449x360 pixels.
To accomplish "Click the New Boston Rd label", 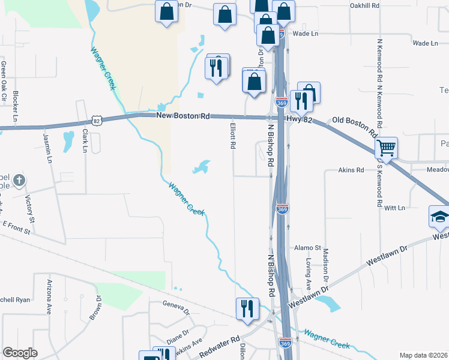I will pyautogui.click(x=182, y=115).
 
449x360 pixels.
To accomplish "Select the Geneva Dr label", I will pyautogui.click(x=176, y=308).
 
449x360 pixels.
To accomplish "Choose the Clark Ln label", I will pyautogui.click(x=85, y=140).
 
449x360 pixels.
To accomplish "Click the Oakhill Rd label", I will pyautogui.click(x=364, y=5).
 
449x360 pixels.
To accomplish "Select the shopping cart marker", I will pyautogui.click(x=386, y=148).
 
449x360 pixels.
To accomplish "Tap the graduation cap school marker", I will pyautogui.click(x=439, y=216).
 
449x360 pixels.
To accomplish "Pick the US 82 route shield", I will pyautogui.click(x=98, y=121).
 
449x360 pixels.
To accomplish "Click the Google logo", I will pyautogui.click(x=20, y=353).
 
